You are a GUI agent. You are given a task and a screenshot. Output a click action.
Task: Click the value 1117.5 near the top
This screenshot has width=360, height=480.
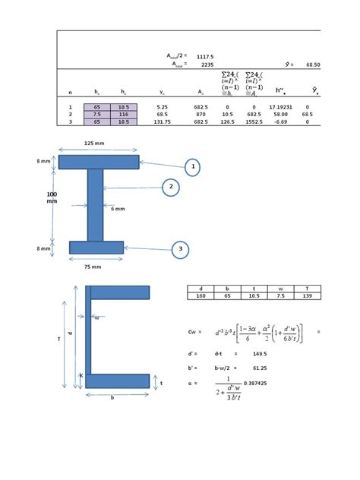pos(205,57)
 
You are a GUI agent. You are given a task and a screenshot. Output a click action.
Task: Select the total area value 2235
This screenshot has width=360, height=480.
pos(207,65)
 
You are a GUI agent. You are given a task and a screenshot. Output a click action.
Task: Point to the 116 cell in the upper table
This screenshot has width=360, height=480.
pos(124,114)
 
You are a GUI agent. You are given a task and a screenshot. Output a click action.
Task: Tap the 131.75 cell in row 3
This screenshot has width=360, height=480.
pos(162,122)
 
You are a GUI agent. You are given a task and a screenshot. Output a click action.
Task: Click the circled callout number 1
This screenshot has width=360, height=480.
pos(193,167)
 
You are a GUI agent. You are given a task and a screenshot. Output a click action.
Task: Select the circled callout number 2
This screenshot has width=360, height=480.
pos(171,187)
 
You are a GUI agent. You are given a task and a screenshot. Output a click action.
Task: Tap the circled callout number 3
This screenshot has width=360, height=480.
pos(180,249)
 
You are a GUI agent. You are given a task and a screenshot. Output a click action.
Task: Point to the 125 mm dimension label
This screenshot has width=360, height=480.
pos(94,143)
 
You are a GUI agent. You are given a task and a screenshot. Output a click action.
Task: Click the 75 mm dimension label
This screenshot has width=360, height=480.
pos(92,267)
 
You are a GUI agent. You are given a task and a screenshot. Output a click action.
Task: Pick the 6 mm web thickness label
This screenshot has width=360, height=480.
pos(118,209)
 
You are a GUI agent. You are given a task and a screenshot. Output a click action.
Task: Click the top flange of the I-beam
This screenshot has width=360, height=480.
pos(99,162)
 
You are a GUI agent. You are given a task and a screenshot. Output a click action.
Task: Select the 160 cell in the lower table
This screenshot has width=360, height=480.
pos(201,296)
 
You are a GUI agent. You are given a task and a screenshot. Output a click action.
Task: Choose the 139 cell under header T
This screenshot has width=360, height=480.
pos(308,296)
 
